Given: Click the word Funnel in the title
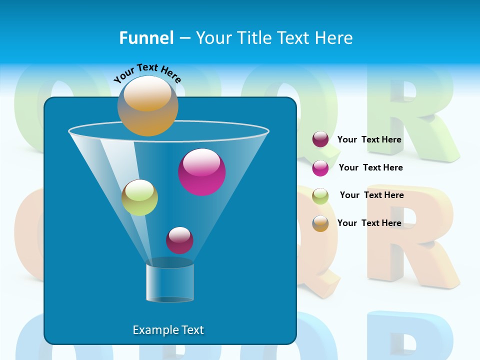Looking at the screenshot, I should tap(146, 38).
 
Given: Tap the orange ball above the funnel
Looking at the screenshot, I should tap(148, 105).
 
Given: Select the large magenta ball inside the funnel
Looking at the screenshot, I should tap(202, 172).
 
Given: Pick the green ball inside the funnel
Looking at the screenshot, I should tap(140, 197).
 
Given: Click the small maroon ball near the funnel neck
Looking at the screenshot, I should tap(179, 240).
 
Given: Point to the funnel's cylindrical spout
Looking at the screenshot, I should tap(170, 283).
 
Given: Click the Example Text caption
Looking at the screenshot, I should tap(168, 330).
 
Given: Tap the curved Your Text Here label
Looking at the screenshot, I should tap(147, 73).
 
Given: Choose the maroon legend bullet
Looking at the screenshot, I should tap(320, 139).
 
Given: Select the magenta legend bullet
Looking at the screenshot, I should tap(320, 168).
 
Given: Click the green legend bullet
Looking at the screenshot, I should tap(320, 196).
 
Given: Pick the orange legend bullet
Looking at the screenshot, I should tap(320, 223).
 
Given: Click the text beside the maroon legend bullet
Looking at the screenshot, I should tap(369, 139).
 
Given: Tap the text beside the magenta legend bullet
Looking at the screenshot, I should tap(370, 167).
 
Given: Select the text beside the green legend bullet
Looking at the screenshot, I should tap(371, 195).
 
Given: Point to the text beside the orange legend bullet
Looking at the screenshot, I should tap(369, 223).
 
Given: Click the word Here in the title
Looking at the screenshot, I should tap(335, 38).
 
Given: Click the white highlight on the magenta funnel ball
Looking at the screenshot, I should tap(202, 162).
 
